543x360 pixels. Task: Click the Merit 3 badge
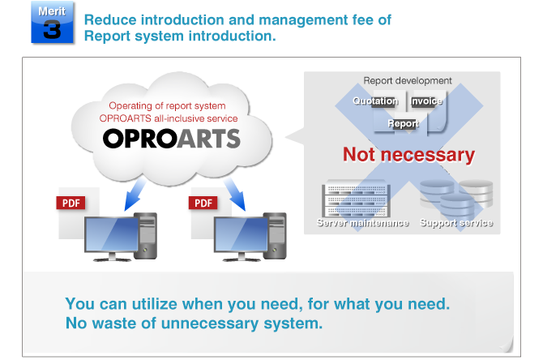(x=53, y=23)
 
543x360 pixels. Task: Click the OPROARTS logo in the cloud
(x=172, y=139)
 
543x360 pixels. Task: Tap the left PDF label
(x=71, y=203)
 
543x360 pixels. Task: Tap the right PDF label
(x=203, y=203)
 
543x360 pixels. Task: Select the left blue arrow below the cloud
(x=135, y=194)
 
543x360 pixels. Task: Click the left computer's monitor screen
(x=112, y=234)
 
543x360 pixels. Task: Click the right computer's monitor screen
(x=241, y=234)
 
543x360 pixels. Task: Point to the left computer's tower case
(x=145, y=236)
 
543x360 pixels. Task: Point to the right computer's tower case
(x=275, y=236)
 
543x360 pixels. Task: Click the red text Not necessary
(x=408, y=155)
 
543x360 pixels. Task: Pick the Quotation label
(x=375, y=101)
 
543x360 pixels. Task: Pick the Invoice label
(x=426, y=101)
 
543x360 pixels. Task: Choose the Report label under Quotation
(x=404, y=124)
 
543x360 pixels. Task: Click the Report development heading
(x=408, y=81)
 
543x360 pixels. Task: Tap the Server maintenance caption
(x=363, y=223)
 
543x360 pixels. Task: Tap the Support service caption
(x=456, y=223)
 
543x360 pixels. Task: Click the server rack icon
(x=357, y=199)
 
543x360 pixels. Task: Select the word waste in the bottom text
(x=114, y=324)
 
